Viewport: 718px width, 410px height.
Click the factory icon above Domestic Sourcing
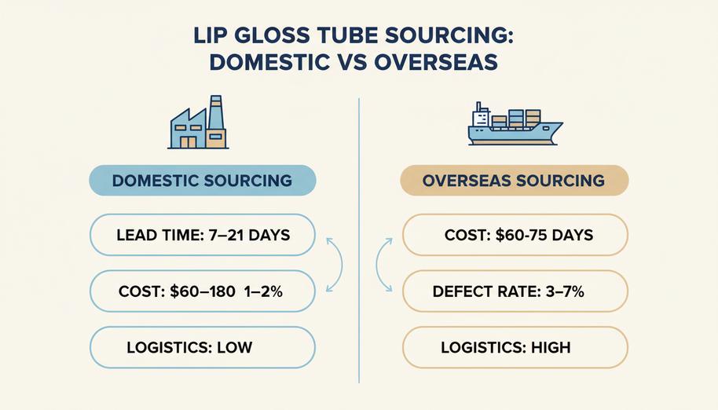(198, 123)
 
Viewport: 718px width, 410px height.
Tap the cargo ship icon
(515, 123)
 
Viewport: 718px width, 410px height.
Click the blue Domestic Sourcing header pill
(203, 181)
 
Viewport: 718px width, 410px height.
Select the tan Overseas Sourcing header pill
(515, 181)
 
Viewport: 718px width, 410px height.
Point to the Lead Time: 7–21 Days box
(203, 235)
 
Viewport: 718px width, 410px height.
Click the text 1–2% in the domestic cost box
(263, 291)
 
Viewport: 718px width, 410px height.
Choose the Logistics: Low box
(203, 347)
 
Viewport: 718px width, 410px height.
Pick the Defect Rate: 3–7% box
(515, 291)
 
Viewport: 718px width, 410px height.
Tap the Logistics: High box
(515, 347)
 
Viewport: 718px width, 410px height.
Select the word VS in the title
(352, 62)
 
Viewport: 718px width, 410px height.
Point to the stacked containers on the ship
(517, 119)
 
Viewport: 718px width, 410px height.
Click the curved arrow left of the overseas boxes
(377, 265)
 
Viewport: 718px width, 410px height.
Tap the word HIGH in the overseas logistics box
(551, 348)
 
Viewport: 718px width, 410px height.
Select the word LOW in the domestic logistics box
(234, 348)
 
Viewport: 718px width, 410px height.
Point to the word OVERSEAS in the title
(436, 62)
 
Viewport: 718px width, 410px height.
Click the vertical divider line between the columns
(359, 240)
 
